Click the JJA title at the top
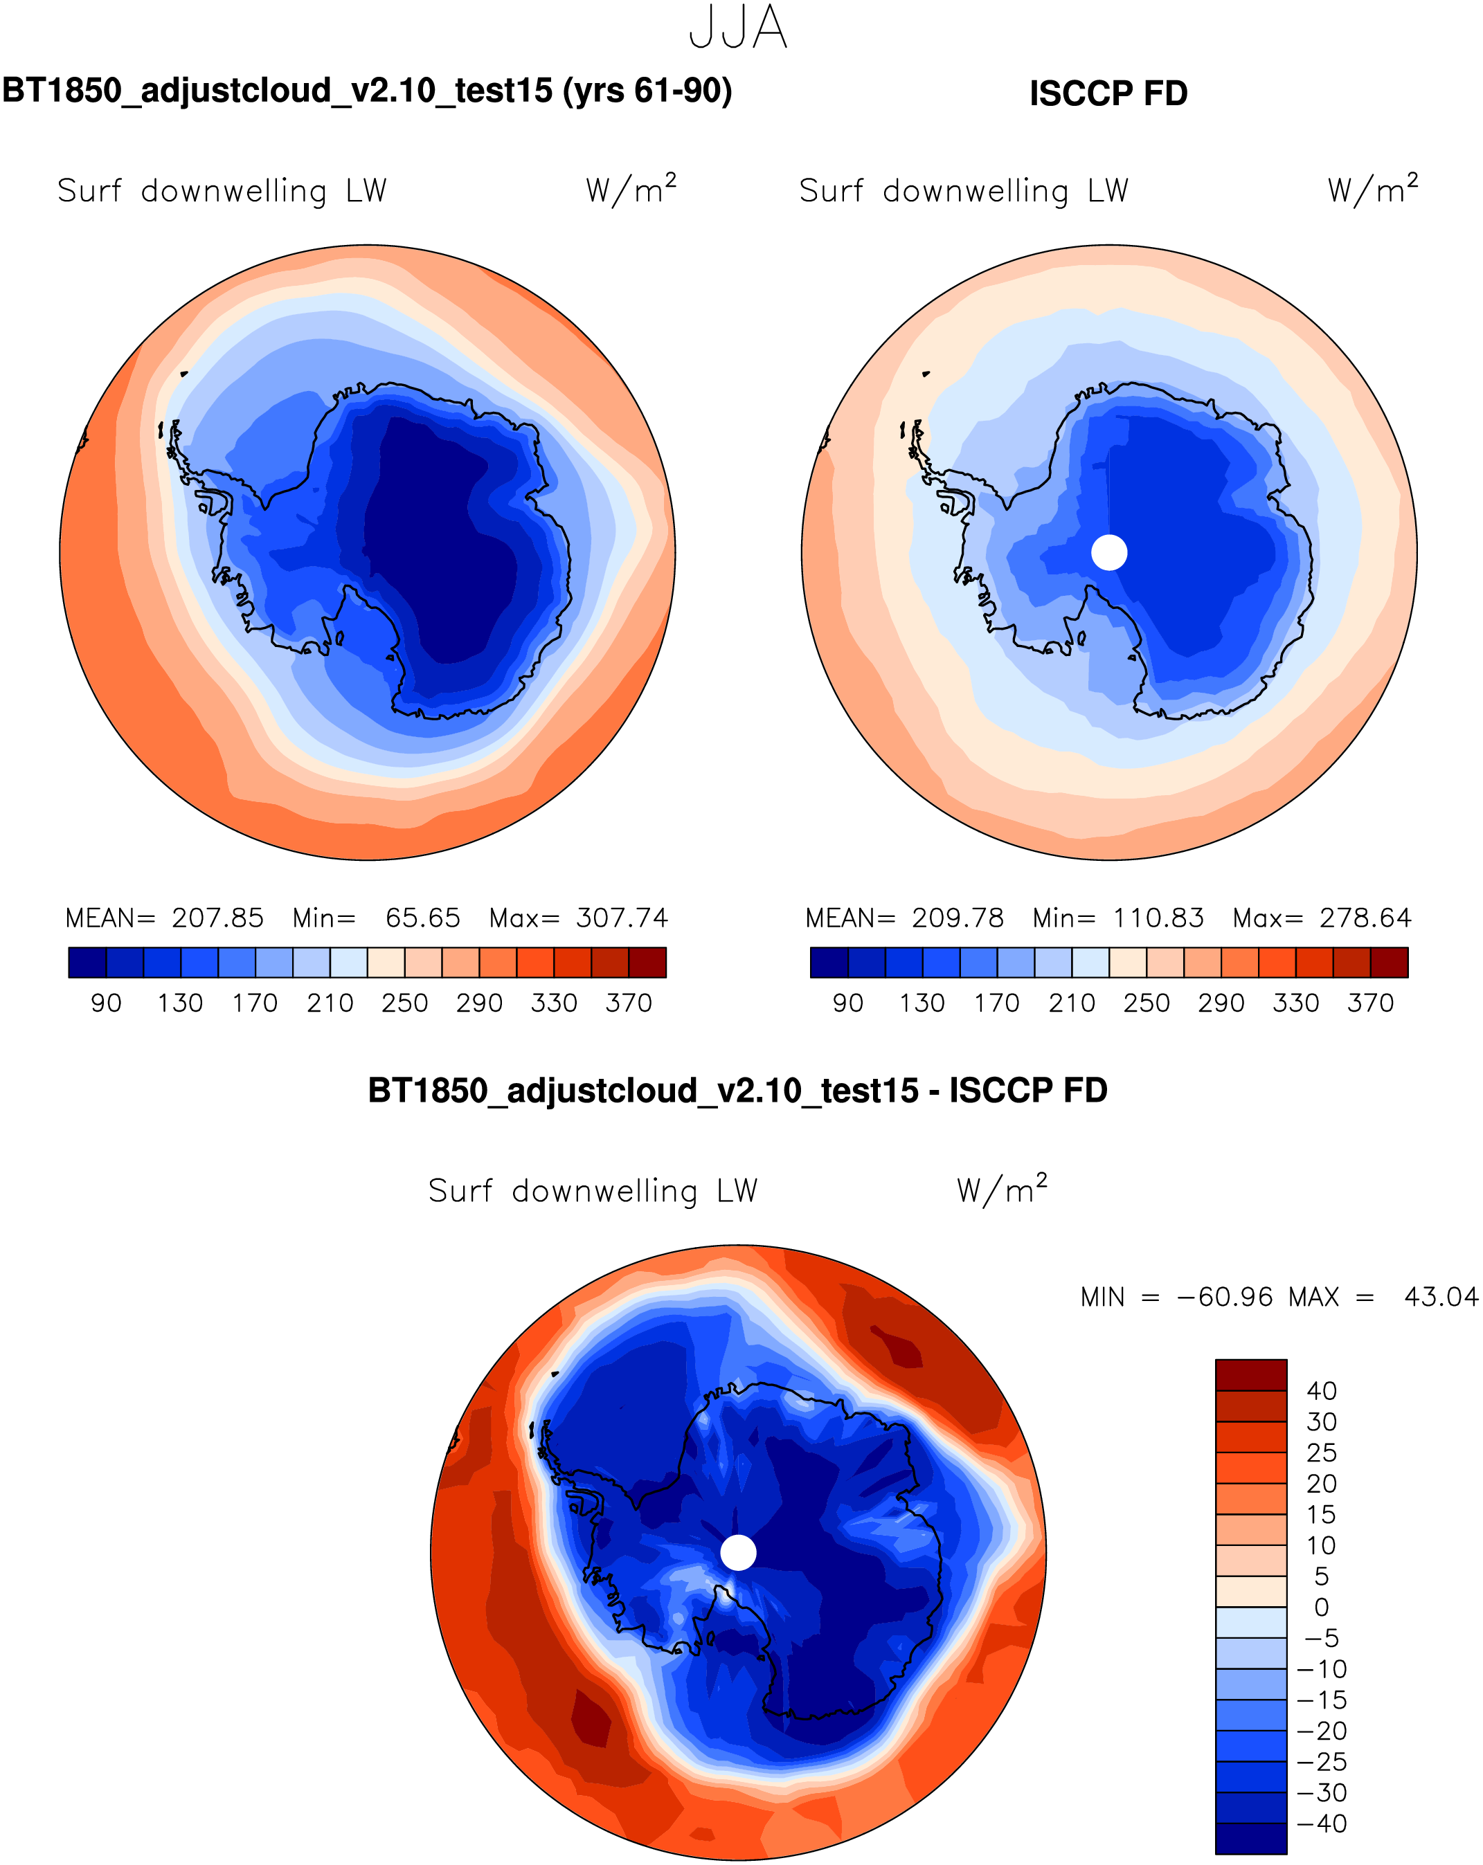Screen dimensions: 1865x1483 [738, 28]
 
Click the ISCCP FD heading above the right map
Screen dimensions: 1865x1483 [1108, 93]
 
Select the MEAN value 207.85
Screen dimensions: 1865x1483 [217, 918]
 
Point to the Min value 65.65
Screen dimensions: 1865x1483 [422, 918]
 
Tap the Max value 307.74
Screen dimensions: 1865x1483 [622, 918]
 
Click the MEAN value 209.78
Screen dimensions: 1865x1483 [958, 918]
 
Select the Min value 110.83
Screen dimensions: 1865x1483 [1158, 918]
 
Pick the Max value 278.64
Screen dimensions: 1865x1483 [1365, 918]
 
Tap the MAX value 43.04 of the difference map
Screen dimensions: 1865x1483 [1441, 1298]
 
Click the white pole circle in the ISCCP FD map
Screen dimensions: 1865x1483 [1109, 553]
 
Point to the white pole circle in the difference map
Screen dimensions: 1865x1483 [738, 1553]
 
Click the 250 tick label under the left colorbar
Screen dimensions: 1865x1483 [405, 1003]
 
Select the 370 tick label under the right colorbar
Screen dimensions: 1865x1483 [1371, 1003]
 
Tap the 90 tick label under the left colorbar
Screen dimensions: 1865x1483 [107, 1003]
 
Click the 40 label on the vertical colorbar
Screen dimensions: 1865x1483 [1321, 1391]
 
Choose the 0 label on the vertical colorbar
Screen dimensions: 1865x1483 [1321, 1607]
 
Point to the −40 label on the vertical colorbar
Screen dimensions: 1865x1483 [1321, 1823]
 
